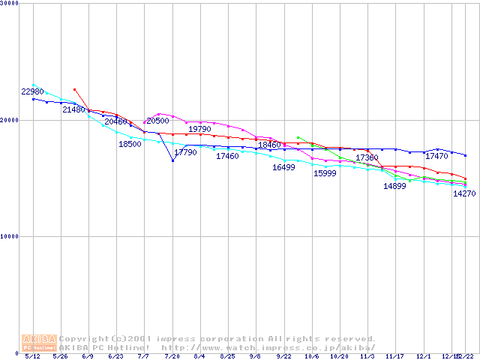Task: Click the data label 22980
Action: click(x=33, y=91)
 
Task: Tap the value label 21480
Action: click(x=73, y=109)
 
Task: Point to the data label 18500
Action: click(x=130, y=144)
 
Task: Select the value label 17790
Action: click(x=185, y=152)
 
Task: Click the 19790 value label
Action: click(x=199, y=129)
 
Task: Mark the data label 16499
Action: click(x=283, y=167)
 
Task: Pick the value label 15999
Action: click(x=325, y=173)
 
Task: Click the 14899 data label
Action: click(x=394, y=186)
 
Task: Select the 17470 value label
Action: click(x=436, y=156)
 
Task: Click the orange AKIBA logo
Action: click(x=40, y=342)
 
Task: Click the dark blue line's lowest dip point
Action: click(x=172, y=160)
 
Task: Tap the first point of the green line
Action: click(x=298, y=137)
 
